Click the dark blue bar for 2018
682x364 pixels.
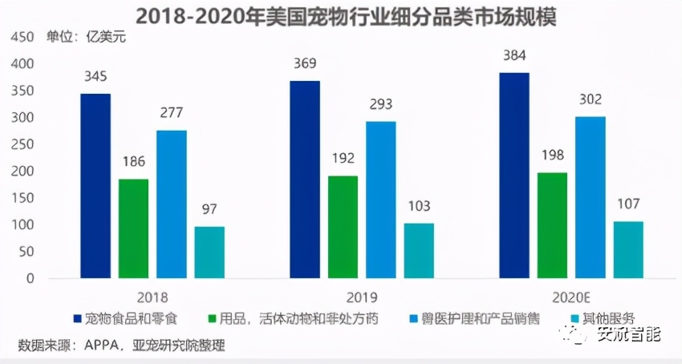[95, 186]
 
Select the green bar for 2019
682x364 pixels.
[343, 227]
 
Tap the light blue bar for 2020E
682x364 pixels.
[591, 197]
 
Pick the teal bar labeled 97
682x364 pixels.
[209, 252]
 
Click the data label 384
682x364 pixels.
[514, 57]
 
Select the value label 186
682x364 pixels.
[133, 163]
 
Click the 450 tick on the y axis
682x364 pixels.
[24, 37]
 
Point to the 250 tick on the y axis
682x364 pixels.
[24, 144]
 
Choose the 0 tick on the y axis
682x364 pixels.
[30, 279]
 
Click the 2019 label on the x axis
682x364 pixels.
[362, 294]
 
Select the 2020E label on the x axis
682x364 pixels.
[570, 294]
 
